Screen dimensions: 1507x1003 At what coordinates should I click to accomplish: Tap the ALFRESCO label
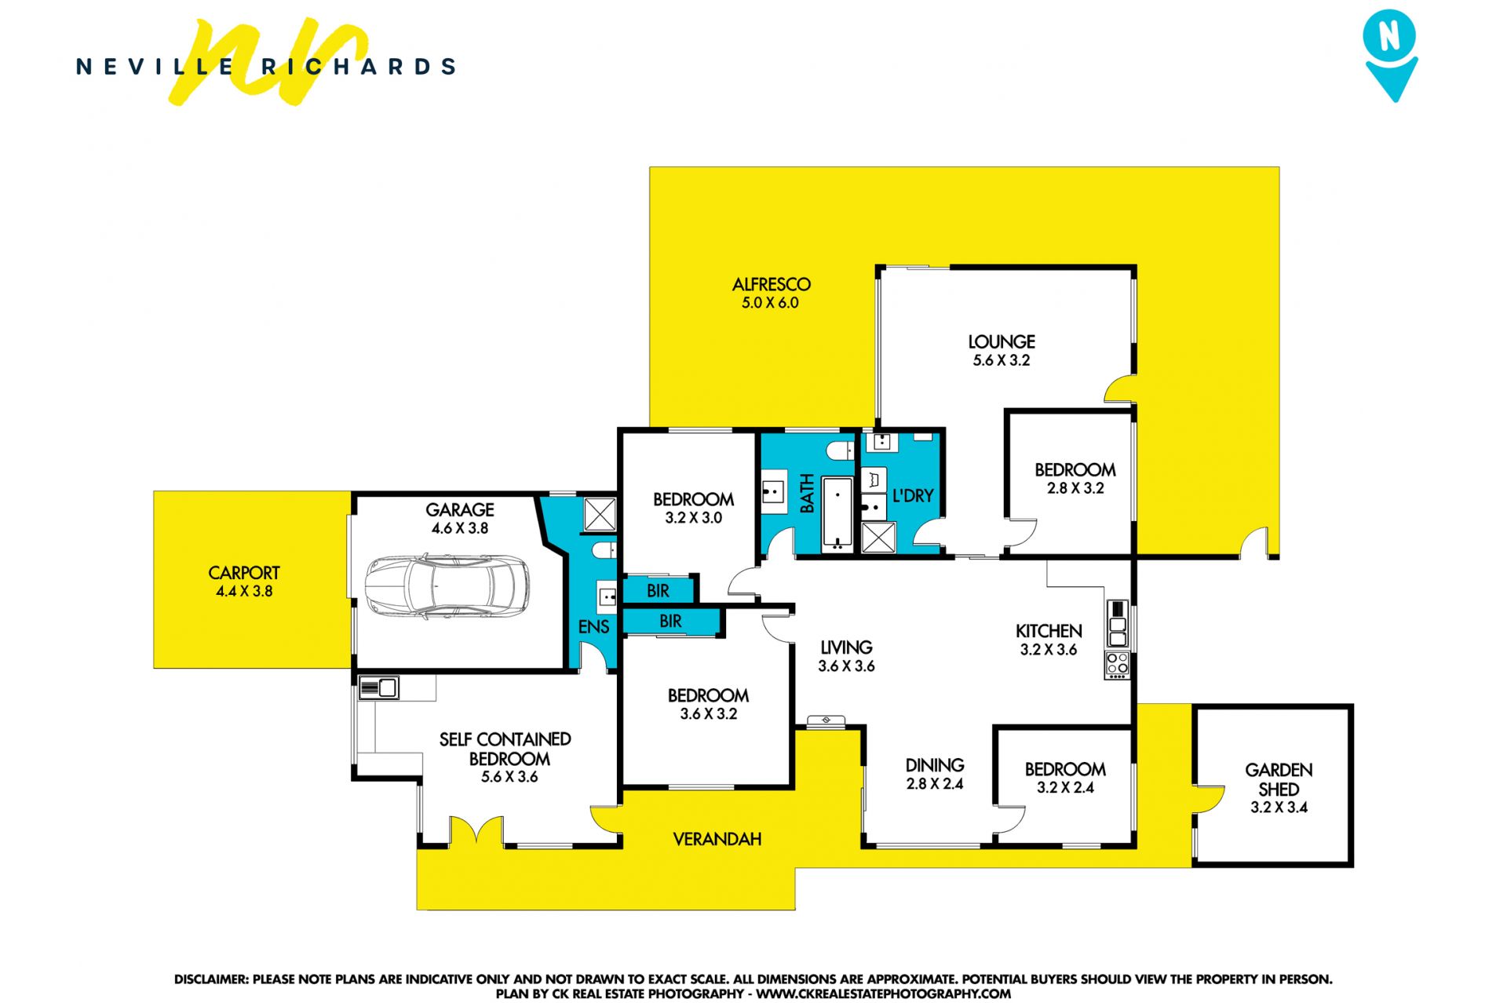[x=772, y=285]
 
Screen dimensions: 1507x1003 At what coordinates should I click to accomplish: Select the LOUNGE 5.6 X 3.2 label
[x=1002, y=351]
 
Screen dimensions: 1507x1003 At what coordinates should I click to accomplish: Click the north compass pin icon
[x=1390, y=55]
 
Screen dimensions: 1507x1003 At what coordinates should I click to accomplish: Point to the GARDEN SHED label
[x=1279, y=779]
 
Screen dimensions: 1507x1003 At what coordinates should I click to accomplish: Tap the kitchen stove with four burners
[x=1117, y=665]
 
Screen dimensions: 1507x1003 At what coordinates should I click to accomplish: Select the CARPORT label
[x=244, y=573]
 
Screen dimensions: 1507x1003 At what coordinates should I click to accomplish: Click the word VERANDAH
[x=717, y=839]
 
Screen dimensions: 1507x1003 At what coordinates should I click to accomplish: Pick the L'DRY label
[x=913, y=496]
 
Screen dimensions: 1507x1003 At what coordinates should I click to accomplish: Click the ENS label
[x=593, y=626]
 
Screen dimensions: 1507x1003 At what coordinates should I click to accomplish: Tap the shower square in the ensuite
[x=600, y=515]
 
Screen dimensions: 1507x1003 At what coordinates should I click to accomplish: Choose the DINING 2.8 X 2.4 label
[x=935, y=774]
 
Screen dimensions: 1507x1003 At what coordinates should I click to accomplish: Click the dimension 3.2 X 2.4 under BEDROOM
[x=1065, y=787]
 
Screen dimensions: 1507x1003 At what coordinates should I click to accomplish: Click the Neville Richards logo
[x=266, y=64]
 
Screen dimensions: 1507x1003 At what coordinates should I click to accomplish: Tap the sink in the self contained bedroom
[x=378, y=688]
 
